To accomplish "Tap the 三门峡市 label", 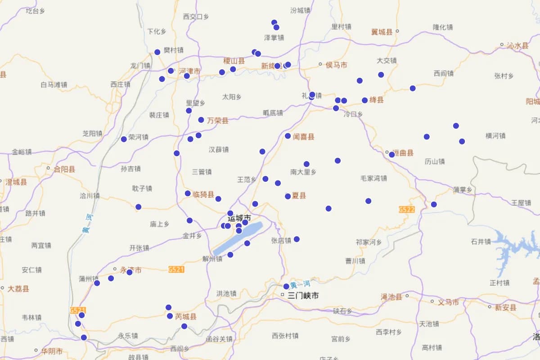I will tap(303, 296).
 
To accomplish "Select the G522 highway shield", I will tap(406, 210).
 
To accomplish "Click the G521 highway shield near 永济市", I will tap(176, 270).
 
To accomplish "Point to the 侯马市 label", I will tap(336, 65).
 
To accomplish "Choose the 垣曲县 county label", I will tap(403, 153).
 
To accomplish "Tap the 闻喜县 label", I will tap(303, 137).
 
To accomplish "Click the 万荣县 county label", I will tap(218, 121).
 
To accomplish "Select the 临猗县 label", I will tap(203, 194).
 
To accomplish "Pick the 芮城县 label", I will tap(186, 316).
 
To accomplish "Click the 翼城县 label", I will tap(382, 31).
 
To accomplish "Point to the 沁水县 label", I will tap(517, 45).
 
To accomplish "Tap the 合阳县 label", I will tap(64, 170).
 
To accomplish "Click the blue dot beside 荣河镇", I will tap(124, 139).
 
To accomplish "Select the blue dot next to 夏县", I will tap(288, 196).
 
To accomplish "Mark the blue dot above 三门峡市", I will tap(286, 286).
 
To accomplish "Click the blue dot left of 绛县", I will tap(364, 100).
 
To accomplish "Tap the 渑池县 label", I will tap(391, 297).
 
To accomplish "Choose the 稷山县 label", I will tap(234, 61).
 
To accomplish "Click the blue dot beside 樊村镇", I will tap(157, 52).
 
